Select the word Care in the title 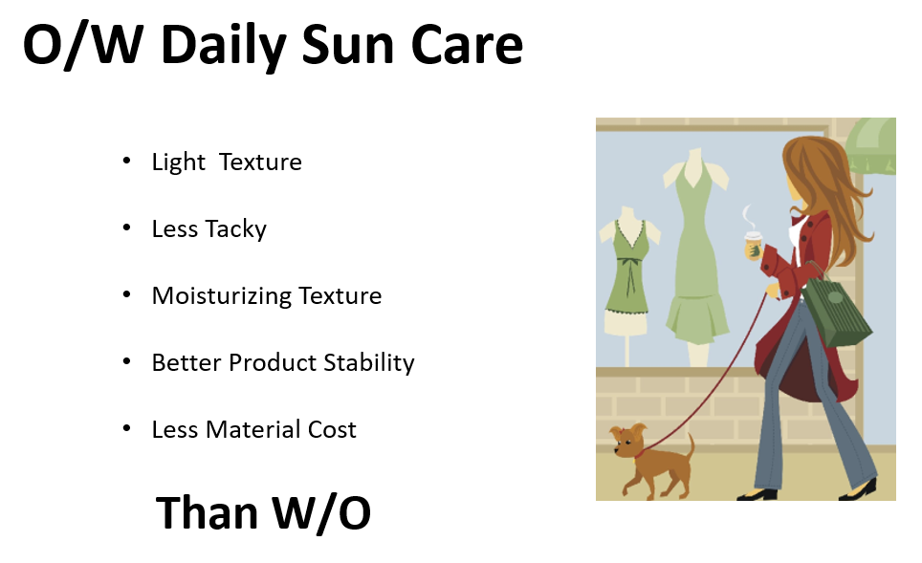[467, 45]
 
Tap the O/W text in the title [83, 45]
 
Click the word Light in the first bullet [179, 162]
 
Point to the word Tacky [234, 228]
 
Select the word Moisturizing [222, 295]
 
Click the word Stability [369, 362]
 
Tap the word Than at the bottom [207, 513]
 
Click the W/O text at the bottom [321, 513]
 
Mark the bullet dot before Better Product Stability [126, 361]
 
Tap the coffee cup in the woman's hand [754, 245]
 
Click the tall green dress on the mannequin [696, 252]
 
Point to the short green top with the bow [629, 266]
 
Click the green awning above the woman [870, 144]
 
